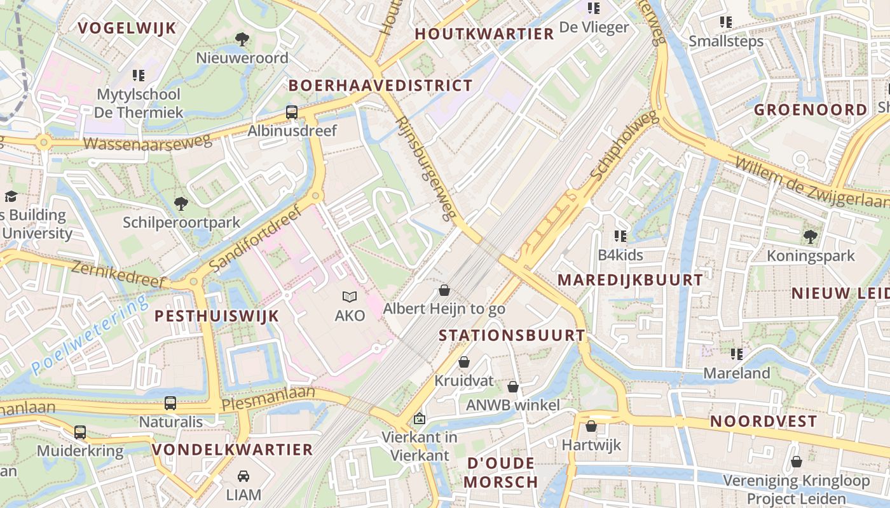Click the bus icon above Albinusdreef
(291, 112)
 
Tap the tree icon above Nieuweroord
(242, 39)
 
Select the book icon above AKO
(350, 297)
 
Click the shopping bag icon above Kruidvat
(464, 363)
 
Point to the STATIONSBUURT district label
(512, 335)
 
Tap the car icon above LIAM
(243, 476)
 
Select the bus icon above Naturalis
(170, 403)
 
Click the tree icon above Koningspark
(810, 237)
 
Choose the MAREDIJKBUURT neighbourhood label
(630, 279)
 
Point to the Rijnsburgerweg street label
(426, 168)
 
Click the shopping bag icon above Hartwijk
(591, 426)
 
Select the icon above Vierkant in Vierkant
(419, 418)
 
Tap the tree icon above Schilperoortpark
(181, 204)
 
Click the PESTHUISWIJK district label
(217, 316)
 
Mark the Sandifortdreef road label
(254, 238)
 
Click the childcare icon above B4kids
(620, 236)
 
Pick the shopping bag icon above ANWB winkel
(513, 387)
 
